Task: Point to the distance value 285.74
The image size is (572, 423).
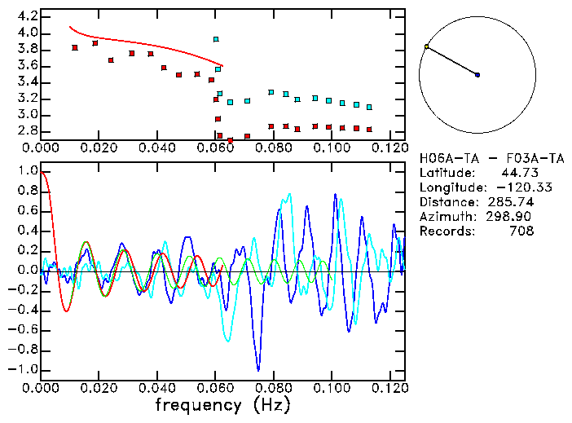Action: (x=509, y=201)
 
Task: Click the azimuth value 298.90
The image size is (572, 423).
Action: (x=509, y=216)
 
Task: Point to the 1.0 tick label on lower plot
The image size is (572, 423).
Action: (x=27, y=171)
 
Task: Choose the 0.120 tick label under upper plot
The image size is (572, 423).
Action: (x=389, y=148)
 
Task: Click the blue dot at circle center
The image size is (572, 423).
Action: (x=477, y=75)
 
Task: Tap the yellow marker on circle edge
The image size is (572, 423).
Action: (x=426, y=46)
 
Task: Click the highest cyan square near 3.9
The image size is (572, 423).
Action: (x=216, y=39)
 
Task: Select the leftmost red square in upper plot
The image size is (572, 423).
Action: (x=75, y=47)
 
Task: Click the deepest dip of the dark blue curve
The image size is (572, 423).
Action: (x=258, y=369)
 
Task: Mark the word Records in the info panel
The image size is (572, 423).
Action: (x=444, y=231)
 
